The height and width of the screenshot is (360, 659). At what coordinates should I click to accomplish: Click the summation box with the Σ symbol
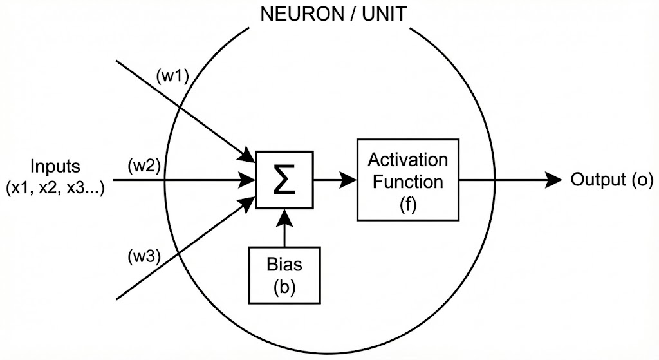tap(284, 180)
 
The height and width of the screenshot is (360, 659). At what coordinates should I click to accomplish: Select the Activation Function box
tap(408, 179)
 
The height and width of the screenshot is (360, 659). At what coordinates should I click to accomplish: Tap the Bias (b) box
tap(284, 275)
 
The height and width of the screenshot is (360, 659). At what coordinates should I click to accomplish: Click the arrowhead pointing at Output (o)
tap(553, 180)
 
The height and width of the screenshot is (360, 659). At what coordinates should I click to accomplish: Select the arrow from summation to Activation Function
tap(335, 180)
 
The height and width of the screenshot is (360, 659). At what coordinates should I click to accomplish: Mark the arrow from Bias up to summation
tap(284, 228)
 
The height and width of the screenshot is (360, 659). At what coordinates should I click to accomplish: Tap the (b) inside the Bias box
tap(284, 285)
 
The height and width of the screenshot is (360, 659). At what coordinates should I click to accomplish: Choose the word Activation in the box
tap(408, 159)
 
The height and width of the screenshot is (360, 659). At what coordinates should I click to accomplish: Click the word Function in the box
tap(408, 181)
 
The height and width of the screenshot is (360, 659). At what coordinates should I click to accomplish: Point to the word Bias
tap(284, 265)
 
